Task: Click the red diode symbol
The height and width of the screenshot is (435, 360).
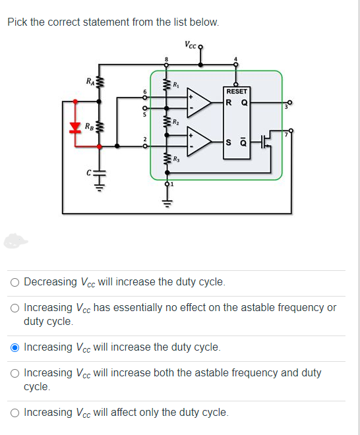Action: tap(75, 127)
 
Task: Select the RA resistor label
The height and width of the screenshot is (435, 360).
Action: tap(90, 81)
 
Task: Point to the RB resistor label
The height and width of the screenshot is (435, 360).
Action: tap(89, 127)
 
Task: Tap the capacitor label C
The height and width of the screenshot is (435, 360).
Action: tap(88, 173)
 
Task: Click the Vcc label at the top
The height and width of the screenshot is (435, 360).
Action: tap(191, 45)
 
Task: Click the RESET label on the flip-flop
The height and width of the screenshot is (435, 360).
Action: tap(237, 91)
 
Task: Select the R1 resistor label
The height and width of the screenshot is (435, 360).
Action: tap(176, 84)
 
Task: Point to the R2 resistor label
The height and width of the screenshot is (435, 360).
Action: tap(176, 121)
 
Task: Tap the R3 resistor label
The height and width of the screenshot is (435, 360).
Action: tap(176, 159)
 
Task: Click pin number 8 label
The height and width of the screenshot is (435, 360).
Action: tap(166, 59)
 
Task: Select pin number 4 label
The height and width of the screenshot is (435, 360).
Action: tap(235, 59)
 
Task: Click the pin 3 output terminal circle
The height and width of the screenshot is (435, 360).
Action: tap(290, 102)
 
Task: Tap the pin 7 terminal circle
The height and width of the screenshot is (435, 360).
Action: tap(291, 130)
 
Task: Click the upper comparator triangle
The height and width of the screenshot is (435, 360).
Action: tap(199, 102)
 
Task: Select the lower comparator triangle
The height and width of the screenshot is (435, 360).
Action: tap(199, 141)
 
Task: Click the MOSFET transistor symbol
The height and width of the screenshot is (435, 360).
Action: tap(266, 141)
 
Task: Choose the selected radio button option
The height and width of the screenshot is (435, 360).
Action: tap(15, 347)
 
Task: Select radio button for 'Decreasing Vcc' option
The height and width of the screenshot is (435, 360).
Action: tap(15, 282)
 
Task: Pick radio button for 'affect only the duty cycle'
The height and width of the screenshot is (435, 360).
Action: tap(15, 413)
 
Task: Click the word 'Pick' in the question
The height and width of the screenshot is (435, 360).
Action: tap(17, 22)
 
